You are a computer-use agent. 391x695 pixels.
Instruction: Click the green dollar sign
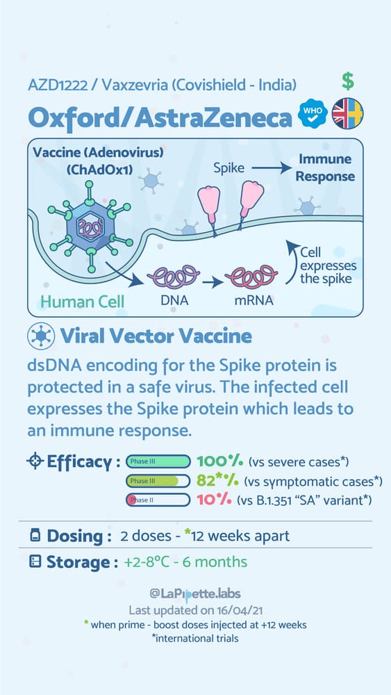point(348,81)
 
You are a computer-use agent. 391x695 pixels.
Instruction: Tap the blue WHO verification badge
point(313,114)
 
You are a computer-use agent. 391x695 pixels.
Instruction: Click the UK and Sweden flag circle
point(348,113)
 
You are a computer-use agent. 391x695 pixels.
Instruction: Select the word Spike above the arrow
point(229,168)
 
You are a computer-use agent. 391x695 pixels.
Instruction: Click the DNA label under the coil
point(174,300)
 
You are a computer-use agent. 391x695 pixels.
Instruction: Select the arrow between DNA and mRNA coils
point(213,282)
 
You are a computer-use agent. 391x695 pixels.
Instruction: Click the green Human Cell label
point(83,302)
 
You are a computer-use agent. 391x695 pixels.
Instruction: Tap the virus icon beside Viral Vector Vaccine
point(41,336)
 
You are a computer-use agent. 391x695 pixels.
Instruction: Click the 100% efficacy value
point(219,461)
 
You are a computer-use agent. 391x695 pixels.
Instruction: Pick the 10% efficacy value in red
point(215,500)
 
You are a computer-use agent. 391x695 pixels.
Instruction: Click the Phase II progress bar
point(158,500)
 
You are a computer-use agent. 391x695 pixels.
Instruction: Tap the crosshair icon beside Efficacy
point(35,462)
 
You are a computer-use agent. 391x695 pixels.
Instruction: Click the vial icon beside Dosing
point(35,536)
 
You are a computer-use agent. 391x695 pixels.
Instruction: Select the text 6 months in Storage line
point(221,562)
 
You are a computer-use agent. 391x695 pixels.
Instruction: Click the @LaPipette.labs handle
point(195,594)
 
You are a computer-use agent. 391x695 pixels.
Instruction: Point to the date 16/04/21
point(237,610)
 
